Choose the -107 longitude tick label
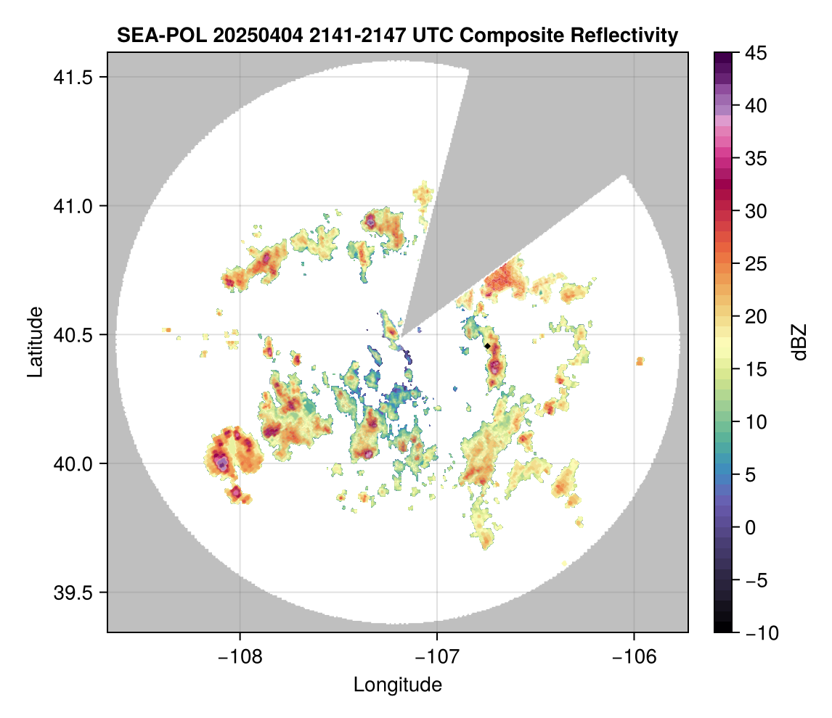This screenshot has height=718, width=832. [437, 656]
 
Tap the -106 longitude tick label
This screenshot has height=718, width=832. [635, 656]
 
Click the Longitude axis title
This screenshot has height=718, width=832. [397, 684]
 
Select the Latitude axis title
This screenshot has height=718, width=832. [35, 342]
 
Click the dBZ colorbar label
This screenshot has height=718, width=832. [799, 342]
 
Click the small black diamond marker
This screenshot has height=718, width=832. [487, 346]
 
